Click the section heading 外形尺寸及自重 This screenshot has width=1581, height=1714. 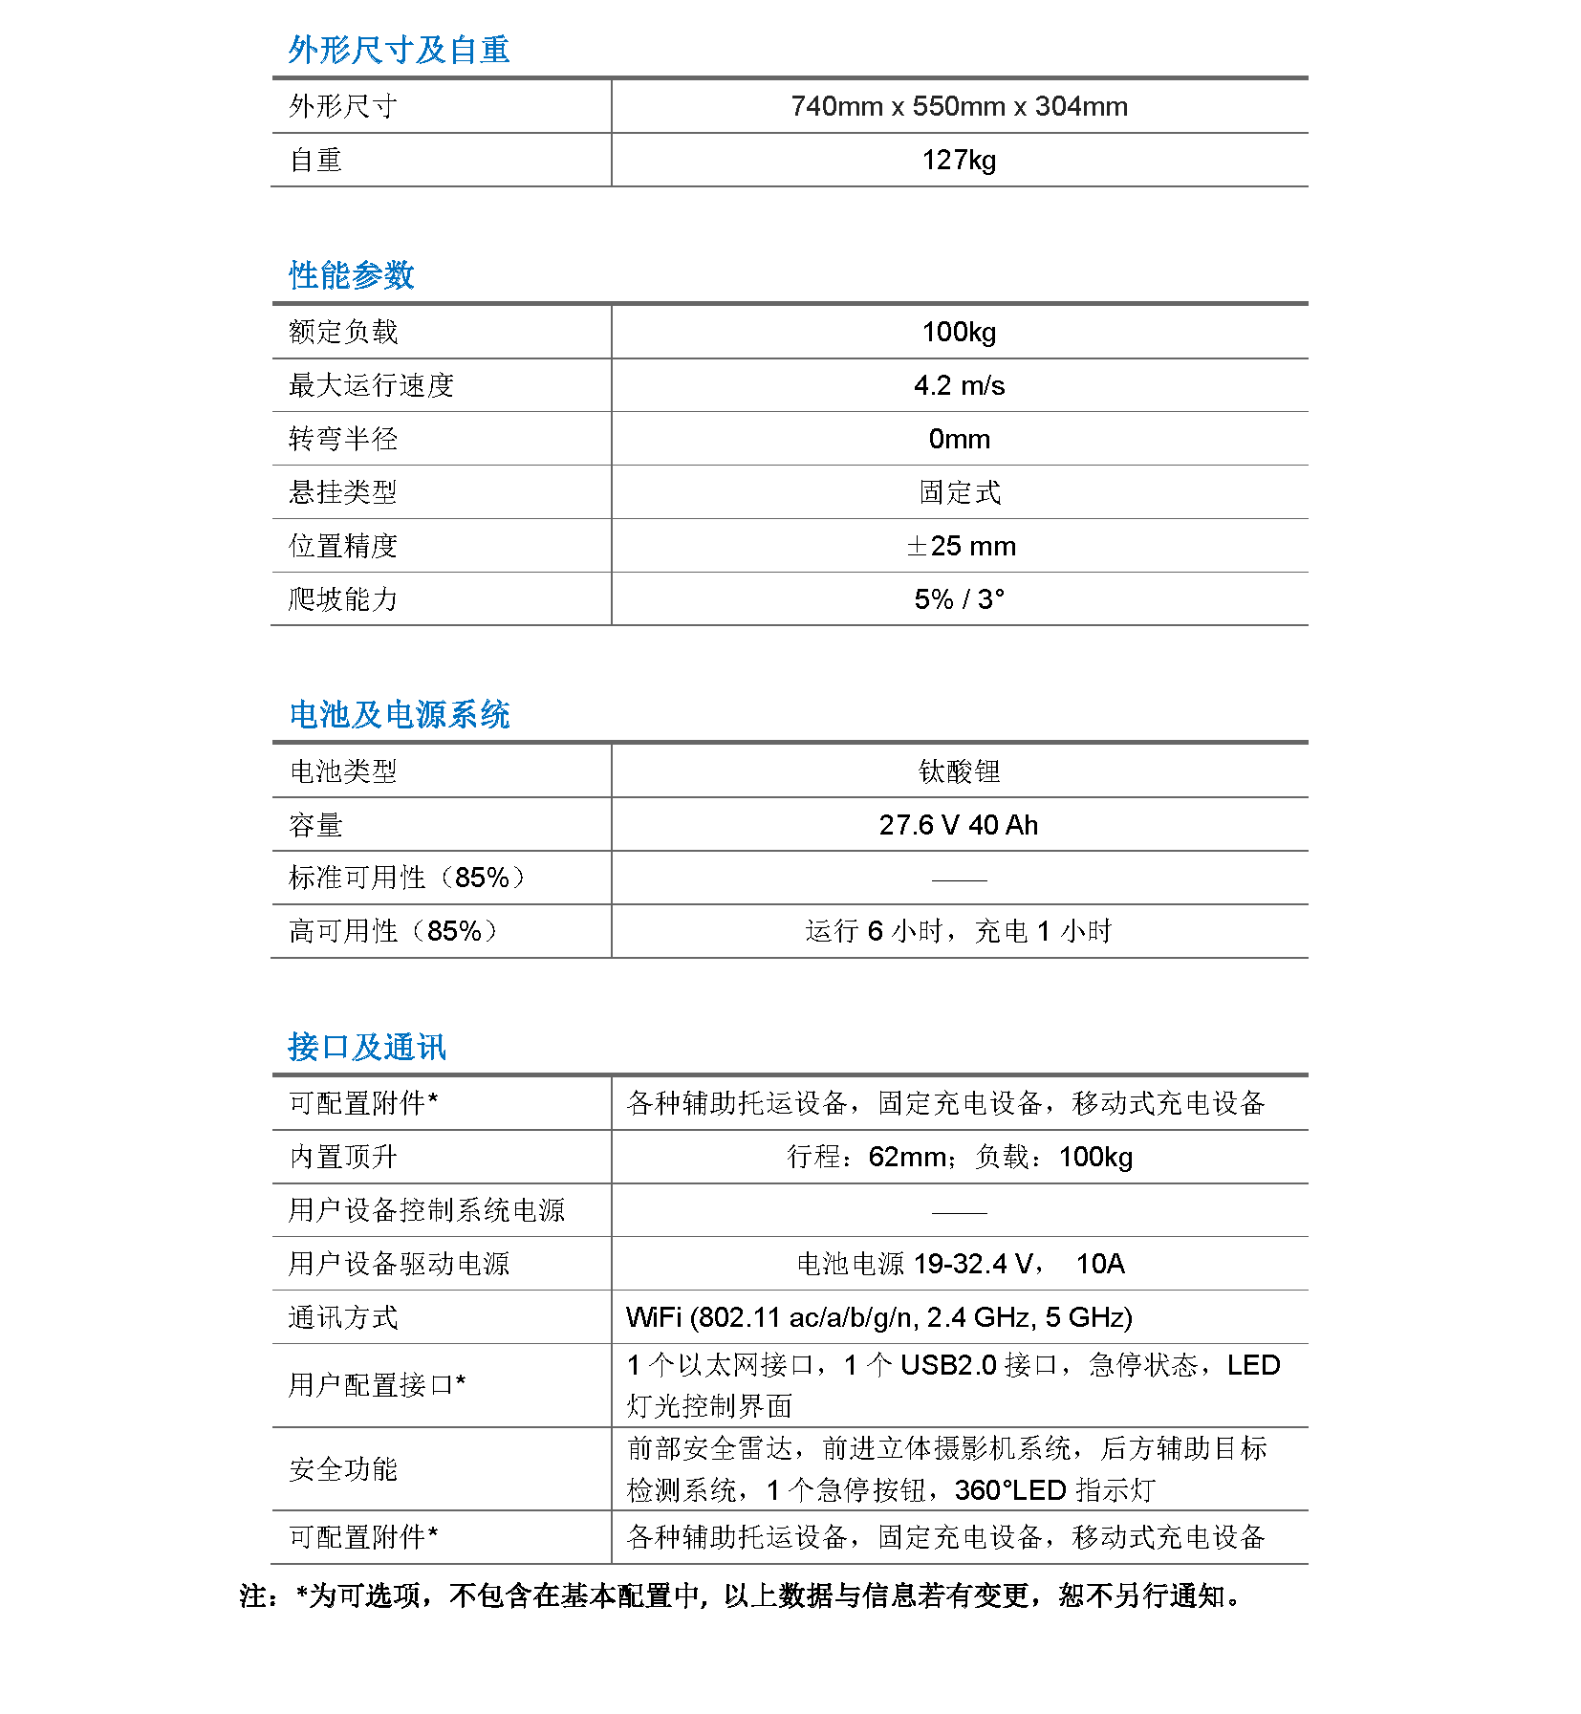point(399,50)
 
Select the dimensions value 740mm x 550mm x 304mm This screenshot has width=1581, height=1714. point(959,106)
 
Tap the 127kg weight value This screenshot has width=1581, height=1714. point(959,160)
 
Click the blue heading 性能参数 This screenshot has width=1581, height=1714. point(352,275)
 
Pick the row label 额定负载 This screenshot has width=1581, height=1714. point(343,332)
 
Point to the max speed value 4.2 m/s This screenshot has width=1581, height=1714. point(959,385)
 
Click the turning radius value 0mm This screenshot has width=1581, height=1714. point(959,439)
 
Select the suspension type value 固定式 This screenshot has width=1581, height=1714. point(959,492)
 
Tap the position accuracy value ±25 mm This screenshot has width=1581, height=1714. point(961,546)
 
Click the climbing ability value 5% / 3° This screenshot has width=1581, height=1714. point(959,599)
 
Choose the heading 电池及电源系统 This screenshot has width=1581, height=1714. point(400,715)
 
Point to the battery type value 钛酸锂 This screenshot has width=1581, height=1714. point(959,771)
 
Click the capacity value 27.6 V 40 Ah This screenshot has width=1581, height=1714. point(959,825)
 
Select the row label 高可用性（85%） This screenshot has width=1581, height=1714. point(393,931)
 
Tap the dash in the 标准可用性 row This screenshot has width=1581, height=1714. point(959,879)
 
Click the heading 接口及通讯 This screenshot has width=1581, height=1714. point(367,1048)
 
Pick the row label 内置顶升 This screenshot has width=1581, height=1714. point(343,1157)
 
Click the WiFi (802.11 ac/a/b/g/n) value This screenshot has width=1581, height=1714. point(878,1317)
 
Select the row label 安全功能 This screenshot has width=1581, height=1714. point(343,1469)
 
